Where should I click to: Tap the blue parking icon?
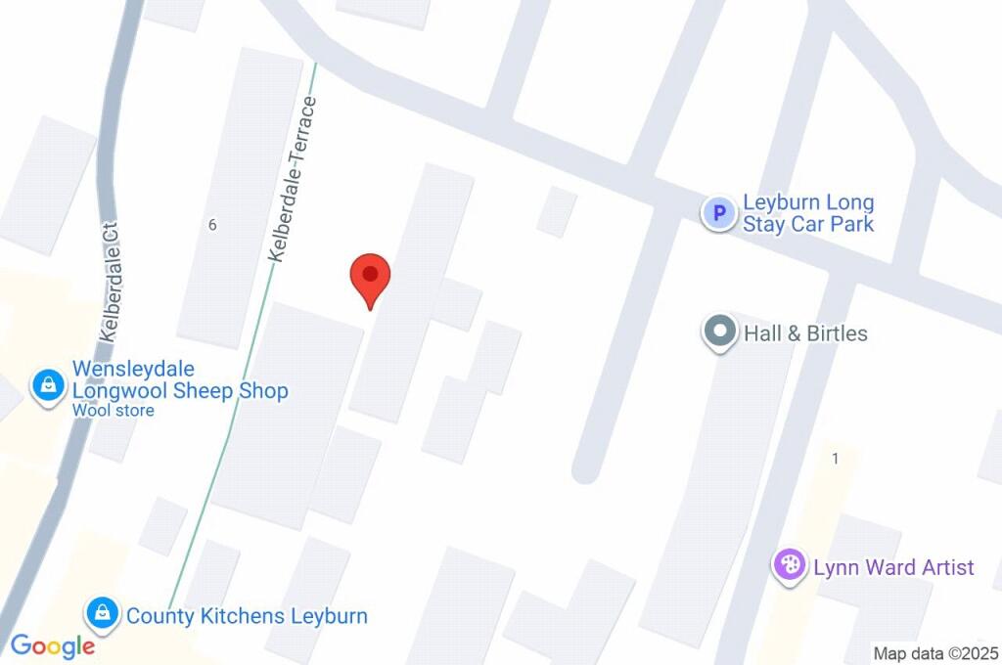tap(719, 212)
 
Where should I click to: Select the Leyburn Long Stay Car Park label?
tap(808, 213)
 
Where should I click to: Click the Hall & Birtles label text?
tap(805, 333)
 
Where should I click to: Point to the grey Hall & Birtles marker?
tap(720, 332)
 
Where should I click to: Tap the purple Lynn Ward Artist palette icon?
tap(789, 566)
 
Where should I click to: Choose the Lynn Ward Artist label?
tap(893, 567)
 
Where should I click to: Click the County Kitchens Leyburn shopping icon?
tap(101, 615)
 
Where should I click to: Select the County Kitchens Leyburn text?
tap(247, 616)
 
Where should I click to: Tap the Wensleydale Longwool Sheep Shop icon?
tap(47, 385)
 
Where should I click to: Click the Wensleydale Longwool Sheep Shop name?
tap(180, 380)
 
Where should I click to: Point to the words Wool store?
tap(113, 411)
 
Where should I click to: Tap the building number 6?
tap(211, 224)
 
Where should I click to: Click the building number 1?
tap(835, 459)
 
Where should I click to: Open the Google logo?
tap(53, 646)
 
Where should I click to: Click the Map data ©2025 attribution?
tap(934, 653)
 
